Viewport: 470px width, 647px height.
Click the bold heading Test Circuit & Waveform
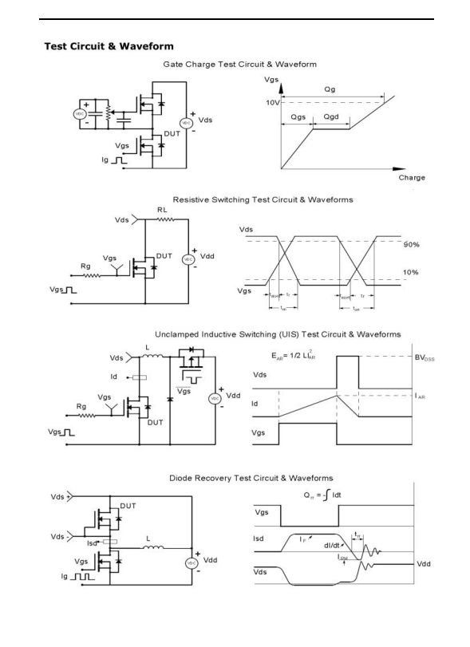click(109, 46)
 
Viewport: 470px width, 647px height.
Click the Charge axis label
click(412, 177)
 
